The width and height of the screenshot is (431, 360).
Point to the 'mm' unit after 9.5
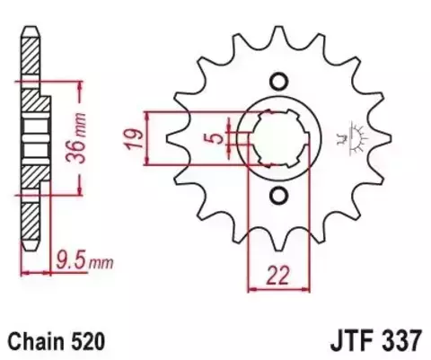click(101, 264)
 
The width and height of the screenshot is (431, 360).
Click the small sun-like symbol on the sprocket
click(348, 139)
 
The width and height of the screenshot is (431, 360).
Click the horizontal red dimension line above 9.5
click(40, 272)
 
